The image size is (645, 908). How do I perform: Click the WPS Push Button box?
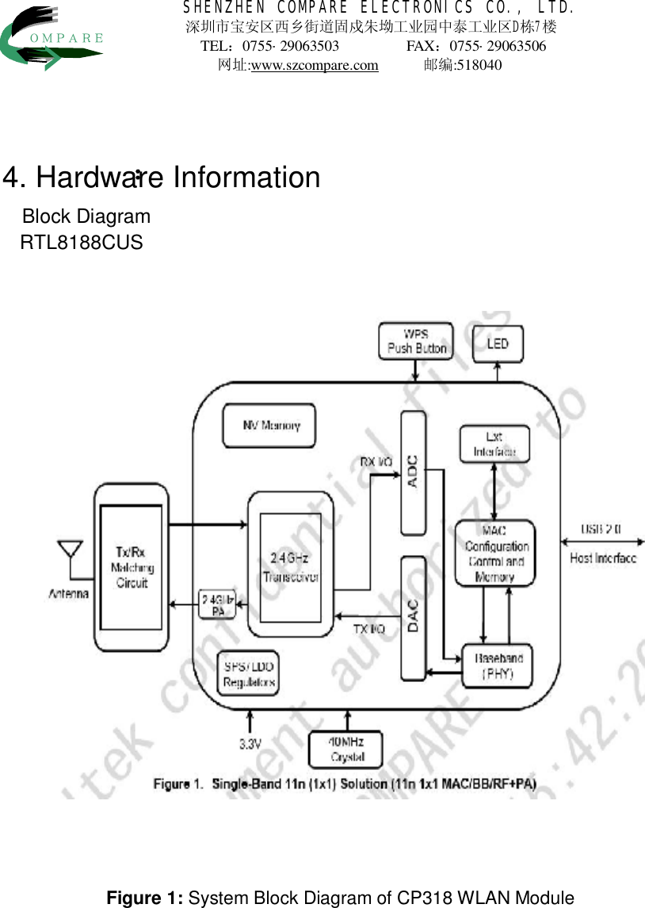point(416,340)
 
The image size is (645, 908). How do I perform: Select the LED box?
point(498,343)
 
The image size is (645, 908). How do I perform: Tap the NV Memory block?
point(269,426)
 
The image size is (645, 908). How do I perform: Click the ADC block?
point(413,473)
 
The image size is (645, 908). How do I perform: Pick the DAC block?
point(413,618)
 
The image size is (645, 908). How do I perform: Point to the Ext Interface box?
point(494,444)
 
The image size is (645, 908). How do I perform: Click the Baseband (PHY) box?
point(498,665)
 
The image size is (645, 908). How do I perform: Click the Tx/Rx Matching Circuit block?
point(132,566)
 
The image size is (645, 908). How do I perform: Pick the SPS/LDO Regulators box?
point(249,674)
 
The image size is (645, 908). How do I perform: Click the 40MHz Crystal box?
point(345,749)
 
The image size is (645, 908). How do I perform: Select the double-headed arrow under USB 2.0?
point(601,542)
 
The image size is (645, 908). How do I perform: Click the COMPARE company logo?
point(52,36)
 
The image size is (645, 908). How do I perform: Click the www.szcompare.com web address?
point(314,65)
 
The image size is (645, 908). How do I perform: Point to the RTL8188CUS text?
point(82,243)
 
